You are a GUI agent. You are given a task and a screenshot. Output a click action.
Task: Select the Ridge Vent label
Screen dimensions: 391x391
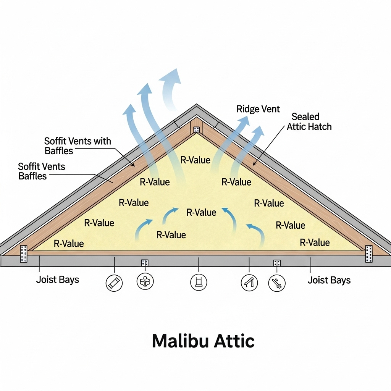tap(258, 109)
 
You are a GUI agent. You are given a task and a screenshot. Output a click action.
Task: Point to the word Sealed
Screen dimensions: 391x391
tap(305, 116)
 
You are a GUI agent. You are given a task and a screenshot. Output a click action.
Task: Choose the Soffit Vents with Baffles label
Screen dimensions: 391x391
tap(78, 145)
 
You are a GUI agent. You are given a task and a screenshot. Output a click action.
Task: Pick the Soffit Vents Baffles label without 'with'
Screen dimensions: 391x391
tap(42, 171)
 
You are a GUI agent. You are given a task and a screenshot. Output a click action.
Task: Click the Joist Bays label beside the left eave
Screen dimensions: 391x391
tap(58, 280)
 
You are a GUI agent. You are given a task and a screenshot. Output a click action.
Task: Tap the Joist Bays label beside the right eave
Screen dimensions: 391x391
tap(329, 280)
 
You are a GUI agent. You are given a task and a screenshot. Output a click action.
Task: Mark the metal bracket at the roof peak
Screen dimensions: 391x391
tap(196, 130)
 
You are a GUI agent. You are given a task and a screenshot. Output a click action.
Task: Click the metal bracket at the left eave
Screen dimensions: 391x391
tap(24, 254)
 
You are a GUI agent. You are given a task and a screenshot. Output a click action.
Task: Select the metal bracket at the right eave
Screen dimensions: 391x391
tap(368, 254)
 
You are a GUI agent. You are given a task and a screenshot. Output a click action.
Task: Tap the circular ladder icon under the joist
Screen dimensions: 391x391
tap(199, 283)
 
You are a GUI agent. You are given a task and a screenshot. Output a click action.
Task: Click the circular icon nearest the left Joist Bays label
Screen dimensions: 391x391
tap(114, 283)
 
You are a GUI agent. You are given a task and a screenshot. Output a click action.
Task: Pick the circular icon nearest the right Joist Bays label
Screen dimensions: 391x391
tap(277, 283)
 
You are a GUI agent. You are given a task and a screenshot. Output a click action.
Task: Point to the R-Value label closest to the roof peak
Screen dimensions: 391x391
tap(195, 160)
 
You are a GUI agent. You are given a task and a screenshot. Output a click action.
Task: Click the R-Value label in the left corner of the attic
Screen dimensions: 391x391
tap(69, 243)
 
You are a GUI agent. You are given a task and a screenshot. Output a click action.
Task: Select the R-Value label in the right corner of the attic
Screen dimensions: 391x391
tap(315, 242)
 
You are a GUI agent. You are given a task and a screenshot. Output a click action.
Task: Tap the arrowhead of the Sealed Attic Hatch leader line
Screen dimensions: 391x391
tap(254, 164)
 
